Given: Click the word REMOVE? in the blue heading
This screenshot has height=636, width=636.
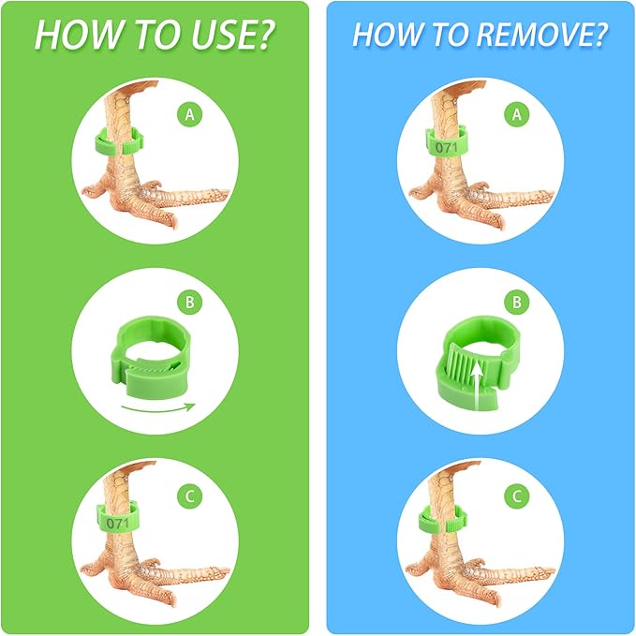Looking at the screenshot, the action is (542, 34).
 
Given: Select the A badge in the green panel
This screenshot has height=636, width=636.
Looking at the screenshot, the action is (189, 115).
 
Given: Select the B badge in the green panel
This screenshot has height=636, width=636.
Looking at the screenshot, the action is (189, 303).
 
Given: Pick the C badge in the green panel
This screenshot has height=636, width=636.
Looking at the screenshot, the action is (189, 496).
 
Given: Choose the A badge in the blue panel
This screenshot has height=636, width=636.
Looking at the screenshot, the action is (516, 115).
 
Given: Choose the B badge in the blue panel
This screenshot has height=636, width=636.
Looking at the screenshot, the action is (516, 303).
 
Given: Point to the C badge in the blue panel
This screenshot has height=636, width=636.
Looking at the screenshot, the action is (516, 496).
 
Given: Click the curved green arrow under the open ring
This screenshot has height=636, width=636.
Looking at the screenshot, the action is (158, 407).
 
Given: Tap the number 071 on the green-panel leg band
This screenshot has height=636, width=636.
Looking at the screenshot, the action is (118, 524).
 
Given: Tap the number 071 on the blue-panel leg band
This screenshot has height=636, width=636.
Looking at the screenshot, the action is (446, 147).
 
